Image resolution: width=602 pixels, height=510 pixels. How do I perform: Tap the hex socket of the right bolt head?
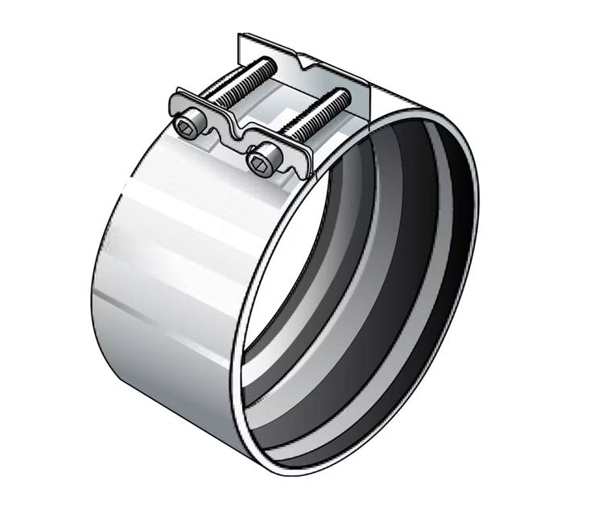click(x=259, y=165)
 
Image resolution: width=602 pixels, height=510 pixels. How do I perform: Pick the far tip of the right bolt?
click(x=345, y=95)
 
